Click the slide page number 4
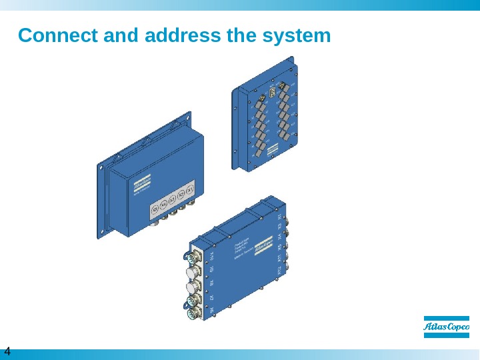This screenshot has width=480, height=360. point(7,351)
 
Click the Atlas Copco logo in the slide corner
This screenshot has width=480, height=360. point(447,326)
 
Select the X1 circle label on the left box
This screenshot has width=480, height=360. point(190,193)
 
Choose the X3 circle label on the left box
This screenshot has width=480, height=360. point(173,202)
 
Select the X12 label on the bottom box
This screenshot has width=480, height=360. point(281,269)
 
